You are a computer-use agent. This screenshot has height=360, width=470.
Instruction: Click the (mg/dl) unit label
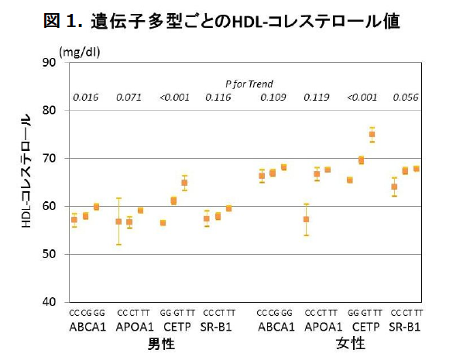81,51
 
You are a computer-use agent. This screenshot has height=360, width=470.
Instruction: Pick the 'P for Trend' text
249,84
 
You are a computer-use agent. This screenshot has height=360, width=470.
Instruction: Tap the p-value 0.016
85,98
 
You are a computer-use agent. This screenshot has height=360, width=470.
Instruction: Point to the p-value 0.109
273,98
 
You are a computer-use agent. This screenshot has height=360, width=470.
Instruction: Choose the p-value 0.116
218,98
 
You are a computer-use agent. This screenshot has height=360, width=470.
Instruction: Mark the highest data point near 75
372,134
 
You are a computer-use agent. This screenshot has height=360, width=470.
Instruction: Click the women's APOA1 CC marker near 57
306,219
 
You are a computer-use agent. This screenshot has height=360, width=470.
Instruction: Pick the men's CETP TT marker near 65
184,183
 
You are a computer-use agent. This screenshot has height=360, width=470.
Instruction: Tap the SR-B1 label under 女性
406,327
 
